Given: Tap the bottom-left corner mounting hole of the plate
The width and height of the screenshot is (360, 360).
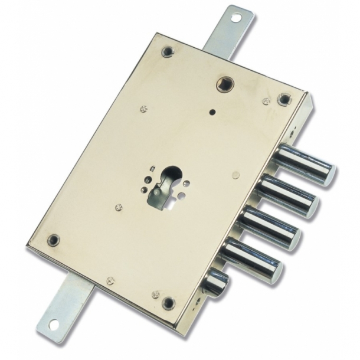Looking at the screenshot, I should click(x=54, y=240).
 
